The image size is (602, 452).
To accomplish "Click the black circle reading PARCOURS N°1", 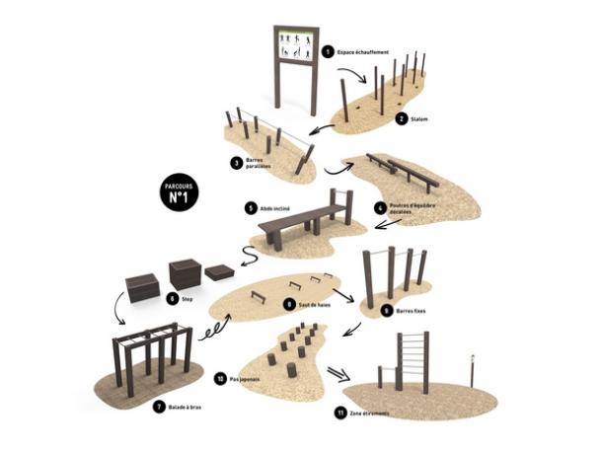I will pyautogui.click(x=182, y=191).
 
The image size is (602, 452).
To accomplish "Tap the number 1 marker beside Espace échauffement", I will pyautogui.click(x=329, y=50).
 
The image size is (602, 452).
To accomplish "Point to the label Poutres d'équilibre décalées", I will pyautogui.click(x=414, y=212).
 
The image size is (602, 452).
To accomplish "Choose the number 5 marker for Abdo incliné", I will pyautogui.click(x=252, y=209).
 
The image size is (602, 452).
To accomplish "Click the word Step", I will pyautogui.click(x=188, y=296).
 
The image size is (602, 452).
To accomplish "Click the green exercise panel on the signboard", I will pyautogui.click(x=297, y=44).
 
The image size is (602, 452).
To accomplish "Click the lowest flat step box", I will pyautogui.click(x=218, y=271).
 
